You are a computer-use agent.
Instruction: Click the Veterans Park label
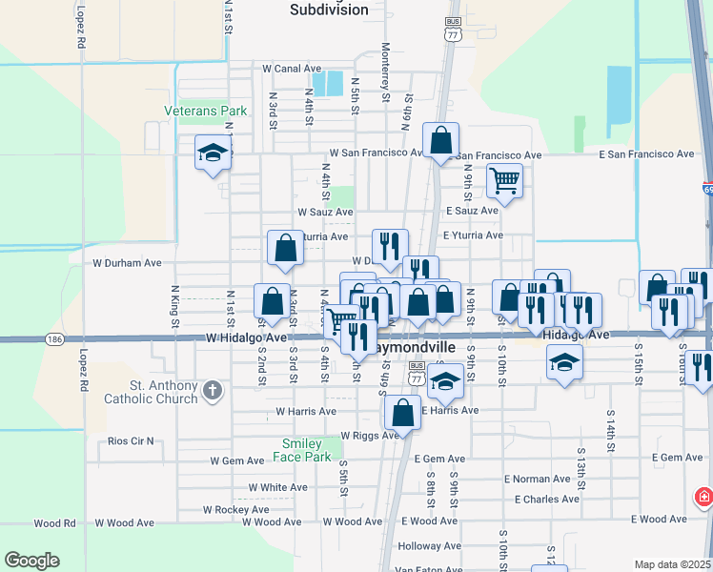[205, 112]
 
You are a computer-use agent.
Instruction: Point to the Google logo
[31, 561]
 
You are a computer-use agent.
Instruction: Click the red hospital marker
[703, 498]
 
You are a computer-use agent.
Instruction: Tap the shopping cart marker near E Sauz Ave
[504, 178]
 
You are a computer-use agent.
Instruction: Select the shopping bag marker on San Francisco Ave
[440, 140]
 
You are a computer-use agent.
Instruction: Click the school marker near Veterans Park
[213, 152]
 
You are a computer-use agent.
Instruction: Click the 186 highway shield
[53, 338]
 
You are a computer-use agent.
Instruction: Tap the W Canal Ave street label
[291, 69]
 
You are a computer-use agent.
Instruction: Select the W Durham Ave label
[128, 262]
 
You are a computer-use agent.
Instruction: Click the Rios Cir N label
[131, 441]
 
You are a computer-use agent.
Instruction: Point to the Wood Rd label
[54, 523]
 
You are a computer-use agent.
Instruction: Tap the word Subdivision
[328, 10]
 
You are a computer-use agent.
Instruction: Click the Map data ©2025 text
[672, 564]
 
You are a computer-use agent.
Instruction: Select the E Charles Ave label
[546, 500]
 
